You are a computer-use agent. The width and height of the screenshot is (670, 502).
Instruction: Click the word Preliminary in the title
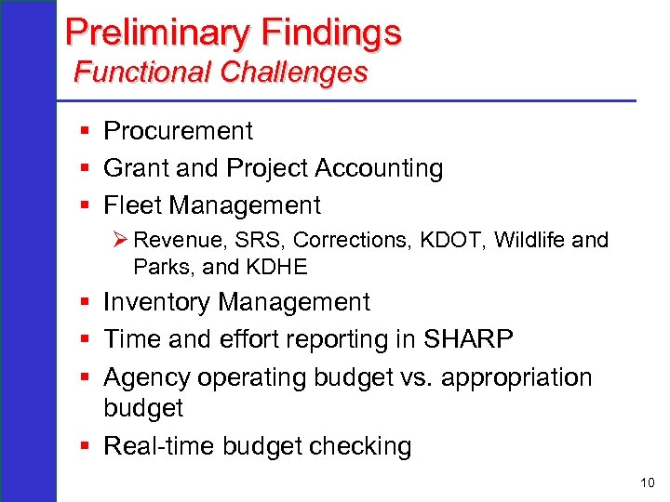click(157, 33)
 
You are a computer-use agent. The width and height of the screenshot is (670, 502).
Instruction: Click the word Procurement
click(178, 131)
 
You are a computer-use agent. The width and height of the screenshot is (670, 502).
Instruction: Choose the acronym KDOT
click(451, 240)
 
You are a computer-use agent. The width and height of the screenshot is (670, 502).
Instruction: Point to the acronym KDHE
click(276, 268)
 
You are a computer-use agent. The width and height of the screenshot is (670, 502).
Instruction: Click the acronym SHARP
click(468, 340)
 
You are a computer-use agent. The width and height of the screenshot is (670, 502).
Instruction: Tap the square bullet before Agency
click(85, 377)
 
